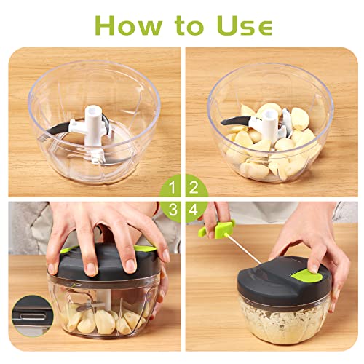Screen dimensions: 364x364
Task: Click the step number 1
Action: click(172, 188)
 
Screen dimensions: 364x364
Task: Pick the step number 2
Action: click(194, 188)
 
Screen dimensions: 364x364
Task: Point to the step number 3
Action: click(172, 210)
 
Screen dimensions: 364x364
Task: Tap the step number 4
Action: click(194, 210)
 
